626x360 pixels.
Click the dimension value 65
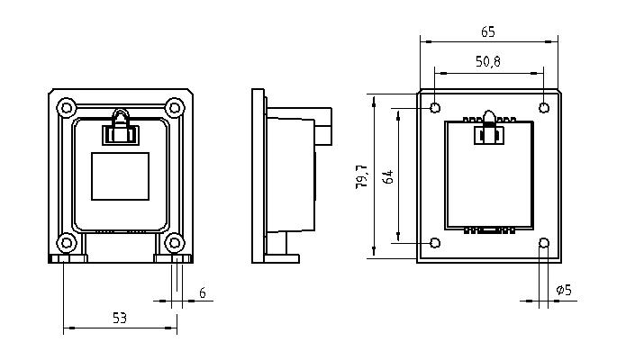(x=488, y=31)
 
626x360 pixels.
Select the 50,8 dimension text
(x=488, y=61)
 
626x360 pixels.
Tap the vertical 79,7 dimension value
(x=362, y=176)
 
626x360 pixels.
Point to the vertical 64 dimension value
(x=387, y=176)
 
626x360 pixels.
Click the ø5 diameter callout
(x=564, y=290)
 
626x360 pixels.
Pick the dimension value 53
(x=120, y=318)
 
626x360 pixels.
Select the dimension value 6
(x=203, y=293)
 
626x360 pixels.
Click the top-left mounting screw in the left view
(x=67, y=107)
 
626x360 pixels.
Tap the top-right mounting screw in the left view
(x=175, y=107)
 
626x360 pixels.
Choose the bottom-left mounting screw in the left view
(x=67, y=243)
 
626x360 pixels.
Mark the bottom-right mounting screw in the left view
(x=175, y=243)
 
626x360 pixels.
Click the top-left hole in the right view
(x=435, y=108)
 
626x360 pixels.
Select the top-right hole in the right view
(x=544, y=108)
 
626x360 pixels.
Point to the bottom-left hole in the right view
(x=435, y=243)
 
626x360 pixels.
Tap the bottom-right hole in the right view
(x=544, y=243)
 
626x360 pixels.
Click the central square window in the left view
(x=120, y=176)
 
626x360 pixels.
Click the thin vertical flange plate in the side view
(x=258, y=176)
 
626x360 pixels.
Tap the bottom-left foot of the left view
(x=68, y=258)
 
